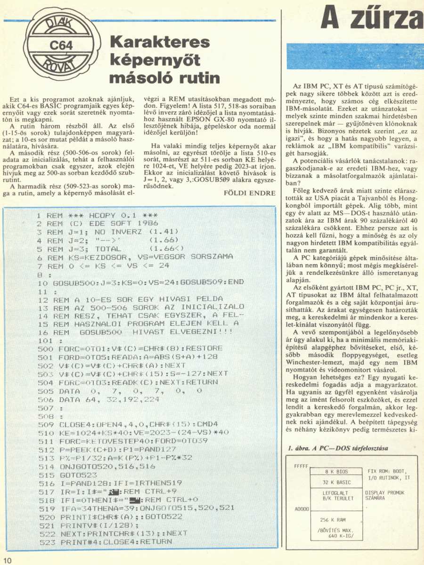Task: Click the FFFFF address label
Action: tap(301, 282)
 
